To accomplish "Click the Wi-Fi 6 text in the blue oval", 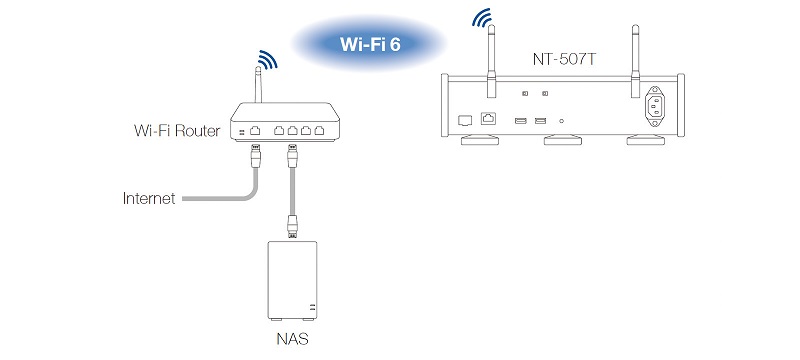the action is [370, 44].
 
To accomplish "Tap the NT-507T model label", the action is [563, 59].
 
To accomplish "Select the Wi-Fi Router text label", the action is [177, 131].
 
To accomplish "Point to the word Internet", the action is [149, 198].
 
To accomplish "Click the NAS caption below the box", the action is [292, 339].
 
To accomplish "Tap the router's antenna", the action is [258, 85].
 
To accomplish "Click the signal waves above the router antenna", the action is [268, 59].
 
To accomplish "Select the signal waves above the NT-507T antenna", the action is [482, 17].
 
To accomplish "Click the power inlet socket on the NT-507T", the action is [656, 106].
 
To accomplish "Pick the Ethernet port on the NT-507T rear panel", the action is [488, 118].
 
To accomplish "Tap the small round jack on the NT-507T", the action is [562, 121].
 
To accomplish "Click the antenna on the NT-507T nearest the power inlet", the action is [635, 61].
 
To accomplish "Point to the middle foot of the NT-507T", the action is [563, 140].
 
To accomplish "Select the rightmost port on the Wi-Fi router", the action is [319, 131].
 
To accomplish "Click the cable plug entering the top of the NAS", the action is [292, 226].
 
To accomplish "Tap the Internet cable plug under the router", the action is [255, 156].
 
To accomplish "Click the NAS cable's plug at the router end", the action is [292, 156].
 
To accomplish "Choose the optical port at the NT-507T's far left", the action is [465, 120].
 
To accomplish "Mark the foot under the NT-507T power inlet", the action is [645, 140].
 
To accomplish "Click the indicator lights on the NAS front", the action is [312, 307].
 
